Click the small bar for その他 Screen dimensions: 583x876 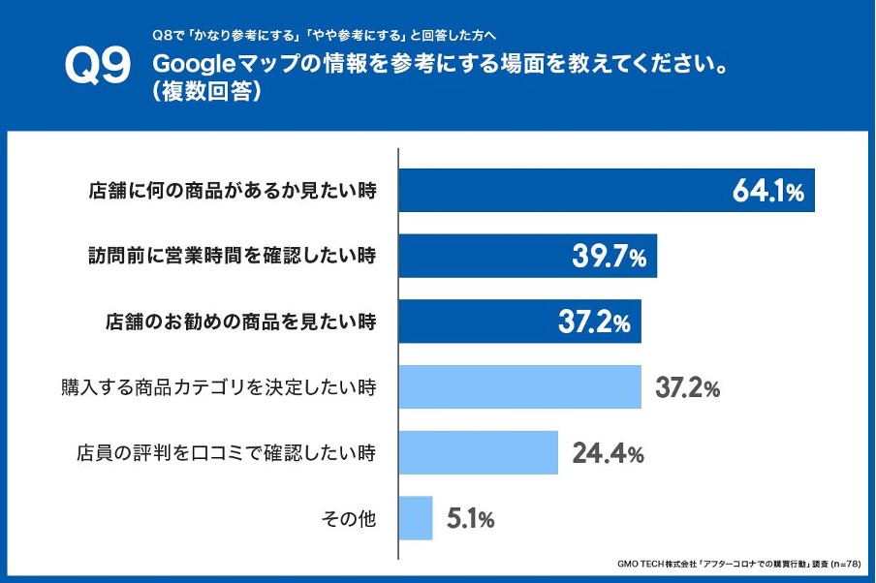tap(416, 518)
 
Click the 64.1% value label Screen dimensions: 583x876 tap(768, 192)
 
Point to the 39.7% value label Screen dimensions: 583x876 tap(608, 258)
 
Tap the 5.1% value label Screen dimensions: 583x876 tap(471, 518)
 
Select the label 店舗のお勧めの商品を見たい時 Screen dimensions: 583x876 tap(239, 322)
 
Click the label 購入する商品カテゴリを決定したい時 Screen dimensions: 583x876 tap(218, 387)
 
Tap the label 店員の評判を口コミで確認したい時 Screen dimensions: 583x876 tap(226, 452)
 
